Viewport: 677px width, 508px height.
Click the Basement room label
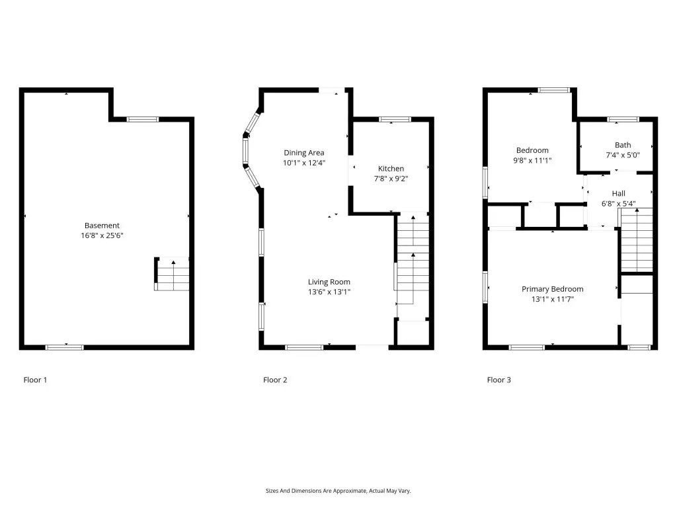(102, 225)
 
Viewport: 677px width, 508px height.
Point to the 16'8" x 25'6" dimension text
(102, 235)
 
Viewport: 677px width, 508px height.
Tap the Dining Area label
(304, 153)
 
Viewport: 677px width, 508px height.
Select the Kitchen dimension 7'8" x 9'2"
(391, 179)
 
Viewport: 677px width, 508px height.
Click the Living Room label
(329, 282)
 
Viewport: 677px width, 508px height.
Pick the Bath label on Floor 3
(623, 145)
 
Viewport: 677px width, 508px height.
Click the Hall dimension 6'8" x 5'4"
(618, 204)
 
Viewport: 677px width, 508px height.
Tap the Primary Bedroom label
(552, 289)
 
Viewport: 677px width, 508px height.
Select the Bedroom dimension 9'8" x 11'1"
(532, 160)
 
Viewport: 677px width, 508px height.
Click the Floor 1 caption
(35, 380)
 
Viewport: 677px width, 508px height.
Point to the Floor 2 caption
(275, 380)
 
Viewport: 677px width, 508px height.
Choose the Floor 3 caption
(498, 380)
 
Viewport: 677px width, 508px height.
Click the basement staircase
(172, 274)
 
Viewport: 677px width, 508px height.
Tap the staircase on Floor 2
(413, 267)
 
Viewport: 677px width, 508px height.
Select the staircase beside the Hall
(637, 240)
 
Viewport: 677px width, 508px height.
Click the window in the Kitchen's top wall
(395, 119)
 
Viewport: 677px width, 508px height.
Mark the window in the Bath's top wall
(623, 119)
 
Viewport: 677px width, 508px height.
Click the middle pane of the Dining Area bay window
(246, 151)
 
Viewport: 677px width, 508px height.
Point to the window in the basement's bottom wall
(64, 347)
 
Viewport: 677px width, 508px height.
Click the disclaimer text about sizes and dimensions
(338, 491)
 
